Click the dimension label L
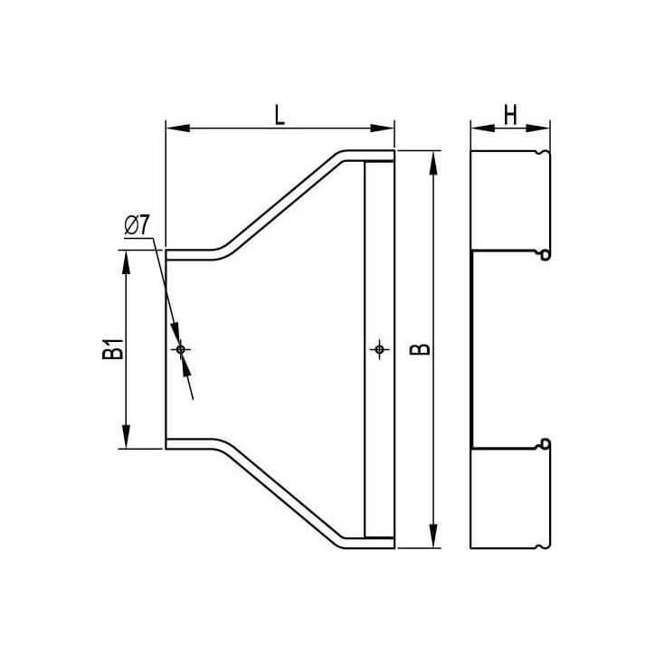[x=280, y=115]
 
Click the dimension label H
[x=510, y=115]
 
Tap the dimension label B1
[x=113, y=349]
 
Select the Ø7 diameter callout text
[x=137, y=225]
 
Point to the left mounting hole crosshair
[x=180, y=349]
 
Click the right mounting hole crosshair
[x=379, y=349]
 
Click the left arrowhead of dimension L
[x=178, y=128]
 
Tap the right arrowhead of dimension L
[x=382, y=128]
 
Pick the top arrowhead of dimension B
[x=433, y=163]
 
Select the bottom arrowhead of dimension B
[x=433, y=536]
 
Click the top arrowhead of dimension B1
[x=126, y=262]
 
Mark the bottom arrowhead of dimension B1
[x=126, y=437]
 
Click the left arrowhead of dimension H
[x=482, y=128]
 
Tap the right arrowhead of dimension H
[x=538, y=128]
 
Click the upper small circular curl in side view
[x=546, y=254]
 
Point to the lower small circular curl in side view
[x=546, y=444]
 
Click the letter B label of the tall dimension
[x=420, y=349]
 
